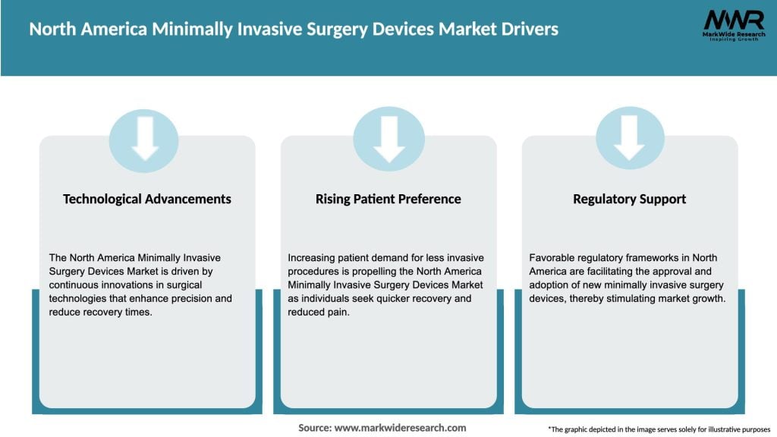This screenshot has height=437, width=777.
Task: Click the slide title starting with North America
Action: pyautogui.click(x=294, y=29)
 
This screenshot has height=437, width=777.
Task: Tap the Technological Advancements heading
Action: pyautogui.click(x=147, y=199)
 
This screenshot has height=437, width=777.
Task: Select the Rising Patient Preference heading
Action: pyautogui.click(x=388, y=199)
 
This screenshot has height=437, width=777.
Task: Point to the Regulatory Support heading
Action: pyautogui.click(x=629, y=199)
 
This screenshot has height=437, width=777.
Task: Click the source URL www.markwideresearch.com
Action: pyautogui.click(x=401, y=428)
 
